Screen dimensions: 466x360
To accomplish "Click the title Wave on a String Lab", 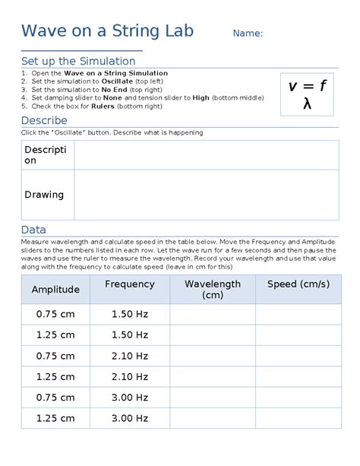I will pos(107,31).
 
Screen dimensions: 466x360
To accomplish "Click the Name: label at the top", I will pos(248,33).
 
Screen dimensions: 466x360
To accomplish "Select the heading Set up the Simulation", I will pos(78,61).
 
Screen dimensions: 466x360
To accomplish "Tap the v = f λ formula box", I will pos(307,94).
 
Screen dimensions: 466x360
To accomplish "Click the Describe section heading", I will pos(44,121).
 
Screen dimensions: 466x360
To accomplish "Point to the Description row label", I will pos(46,154).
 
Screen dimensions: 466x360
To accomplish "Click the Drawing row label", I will pos(44,195).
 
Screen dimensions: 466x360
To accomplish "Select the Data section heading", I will pos(33,230).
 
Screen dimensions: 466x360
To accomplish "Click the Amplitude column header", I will pos(55,290).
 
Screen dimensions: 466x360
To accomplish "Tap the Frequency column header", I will pos(129,284).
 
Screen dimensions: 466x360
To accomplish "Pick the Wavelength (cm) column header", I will pos(212,290).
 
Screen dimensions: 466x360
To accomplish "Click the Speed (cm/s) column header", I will pos(298,284).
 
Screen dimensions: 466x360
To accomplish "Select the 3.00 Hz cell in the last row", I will pos(129,418).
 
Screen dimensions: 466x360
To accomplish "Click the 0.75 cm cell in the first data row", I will pos(55,314).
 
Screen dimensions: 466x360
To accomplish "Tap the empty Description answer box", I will pos(206,154).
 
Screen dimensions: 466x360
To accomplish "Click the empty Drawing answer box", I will pos(206,195).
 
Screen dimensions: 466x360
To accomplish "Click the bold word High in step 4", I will pos(201,98).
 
